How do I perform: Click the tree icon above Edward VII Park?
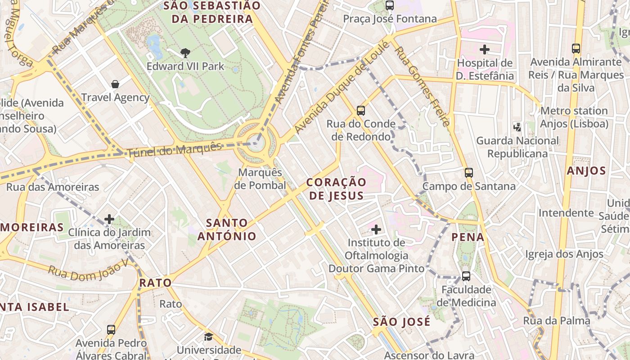pyautogui.click(x=185, y=53)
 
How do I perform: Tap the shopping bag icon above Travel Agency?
pyautogui.click(x=115, y=84)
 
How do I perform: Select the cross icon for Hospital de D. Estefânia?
pyautogui.click(x=485, y=49)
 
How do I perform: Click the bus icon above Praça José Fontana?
pyautogui.click(x=390, y=6)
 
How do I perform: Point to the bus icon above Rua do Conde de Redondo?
pyautogui.click(x=360, y=110)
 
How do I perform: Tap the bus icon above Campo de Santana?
pyautogui.click(x=469, y=172)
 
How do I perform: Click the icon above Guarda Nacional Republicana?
pyautogui.click(x=517, y=127)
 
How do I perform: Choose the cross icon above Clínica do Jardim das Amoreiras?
pyautogui.click(x=109, y=219)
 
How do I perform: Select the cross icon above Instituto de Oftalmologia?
pyautogui.click(x=376, y=229)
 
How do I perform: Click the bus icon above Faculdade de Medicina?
pyautogui.click(x=466, y=276)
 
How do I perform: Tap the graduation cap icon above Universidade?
pyautogui.click(x=208, y=337)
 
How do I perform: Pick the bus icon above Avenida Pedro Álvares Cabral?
pyautogui.click(x=111, y=330)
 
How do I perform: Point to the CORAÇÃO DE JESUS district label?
pyautogui.click(x=336, y=189)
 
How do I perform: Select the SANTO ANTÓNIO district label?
pyautogui.click(x=227, y=229)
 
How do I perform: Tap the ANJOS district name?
pyautogui.click(x=586, y=171)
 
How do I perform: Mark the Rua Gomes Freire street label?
pyautogui.click(x=422, y=85)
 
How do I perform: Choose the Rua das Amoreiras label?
pyautogui.click(x=53, y=187)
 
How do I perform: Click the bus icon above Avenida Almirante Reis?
pyautogui.click(x=576, y=49)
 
